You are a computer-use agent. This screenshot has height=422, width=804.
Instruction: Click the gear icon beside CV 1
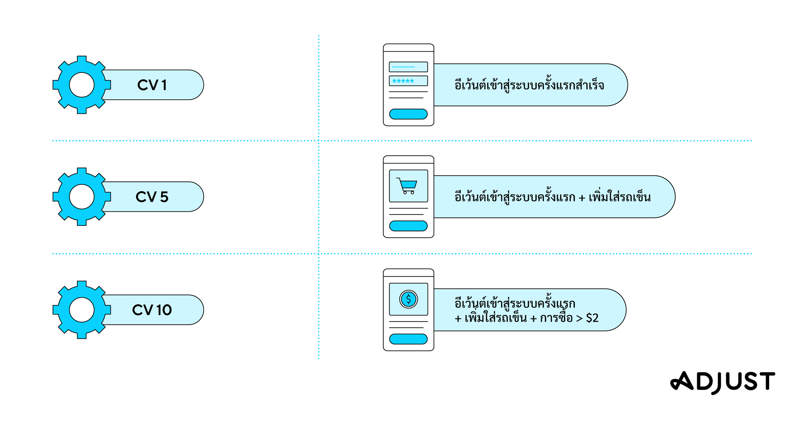tap(82, 85)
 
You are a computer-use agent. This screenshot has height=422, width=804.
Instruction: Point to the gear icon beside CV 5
tap(82, 197)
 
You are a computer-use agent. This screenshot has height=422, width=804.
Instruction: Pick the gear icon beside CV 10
tap(82, 310)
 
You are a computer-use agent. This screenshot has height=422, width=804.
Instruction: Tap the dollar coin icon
tap(408, 299)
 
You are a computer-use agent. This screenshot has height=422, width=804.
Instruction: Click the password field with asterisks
tap(408, 81)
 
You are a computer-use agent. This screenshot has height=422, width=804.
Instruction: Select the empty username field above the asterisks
tap(408, 67)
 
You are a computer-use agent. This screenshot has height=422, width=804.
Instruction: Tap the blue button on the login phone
tap(408, 114)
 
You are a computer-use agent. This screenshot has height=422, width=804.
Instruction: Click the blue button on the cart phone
tap(408, 226)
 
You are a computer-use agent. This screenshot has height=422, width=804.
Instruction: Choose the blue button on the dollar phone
tap(408, 339)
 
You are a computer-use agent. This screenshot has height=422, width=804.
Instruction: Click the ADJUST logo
tap(722, 382)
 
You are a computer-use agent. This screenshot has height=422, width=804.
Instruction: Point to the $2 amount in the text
tap(592, 318)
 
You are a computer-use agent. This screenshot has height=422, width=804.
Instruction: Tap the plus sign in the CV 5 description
tap(582, 198)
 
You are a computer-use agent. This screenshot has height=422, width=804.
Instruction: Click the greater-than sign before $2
tap(579, 319)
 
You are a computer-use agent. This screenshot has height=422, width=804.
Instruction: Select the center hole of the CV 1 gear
tap(82, 85)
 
